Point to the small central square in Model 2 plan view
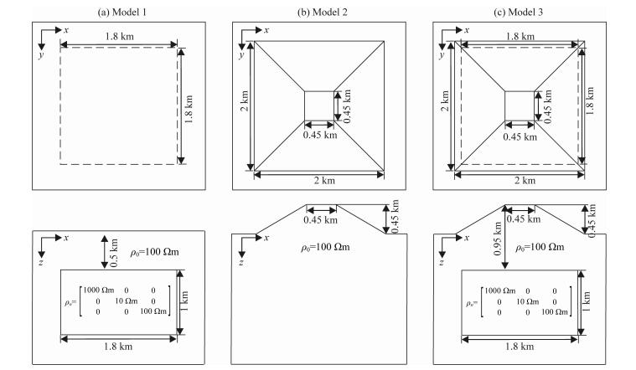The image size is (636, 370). tap(318, 106)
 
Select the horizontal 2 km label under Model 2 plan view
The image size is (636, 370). tap(319, 181)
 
